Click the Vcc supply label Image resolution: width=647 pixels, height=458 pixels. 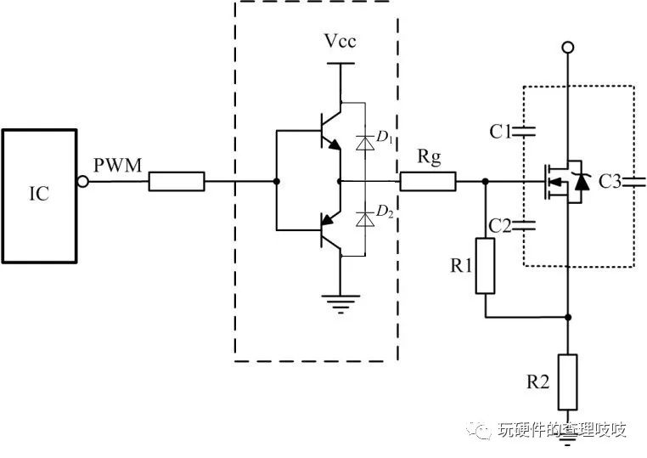click(x=340, y=42)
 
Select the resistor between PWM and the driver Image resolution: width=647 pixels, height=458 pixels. click(x=177, y=181)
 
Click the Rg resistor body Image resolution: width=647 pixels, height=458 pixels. click(x=428, y=181)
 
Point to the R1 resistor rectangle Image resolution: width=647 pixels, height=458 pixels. click(x=485, y=266)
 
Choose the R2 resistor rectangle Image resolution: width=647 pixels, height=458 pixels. click(x=566, y=382)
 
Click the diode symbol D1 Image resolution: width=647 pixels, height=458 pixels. click(x=365, y=144)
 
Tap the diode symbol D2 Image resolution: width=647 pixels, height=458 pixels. click(x=365, y=219)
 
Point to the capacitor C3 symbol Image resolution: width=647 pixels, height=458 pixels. click(x=633, y=181)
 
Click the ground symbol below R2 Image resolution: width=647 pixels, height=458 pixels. click(x=566, y=434)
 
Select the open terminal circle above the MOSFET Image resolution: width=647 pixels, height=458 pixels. click(x=566, y=47)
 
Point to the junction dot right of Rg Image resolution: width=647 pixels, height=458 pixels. click(x=485, y=181)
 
